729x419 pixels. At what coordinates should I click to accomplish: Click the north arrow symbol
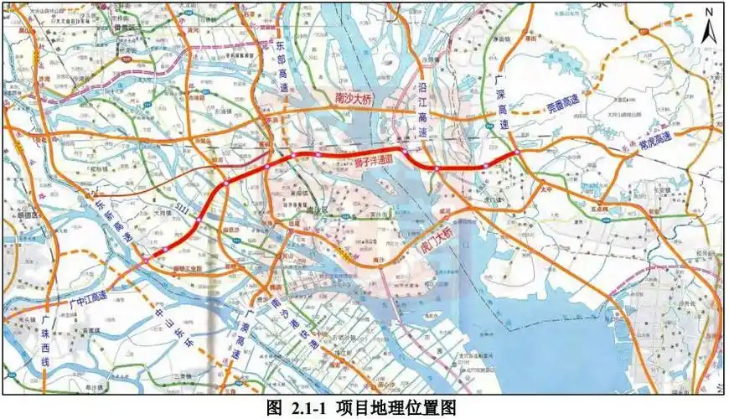tap(708, 32)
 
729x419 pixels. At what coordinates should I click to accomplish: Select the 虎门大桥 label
tap(437, 241)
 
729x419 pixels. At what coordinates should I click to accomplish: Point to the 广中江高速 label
tap(88, 296)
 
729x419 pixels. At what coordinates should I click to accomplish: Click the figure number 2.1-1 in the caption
tap(311, 408)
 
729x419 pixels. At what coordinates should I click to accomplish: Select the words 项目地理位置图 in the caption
tap(398, 408)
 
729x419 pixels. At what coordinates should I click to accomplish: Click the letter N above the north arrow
tap(709, 12)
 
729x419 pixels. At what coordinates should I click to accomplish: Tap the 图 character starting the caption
tap(274, 408)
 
